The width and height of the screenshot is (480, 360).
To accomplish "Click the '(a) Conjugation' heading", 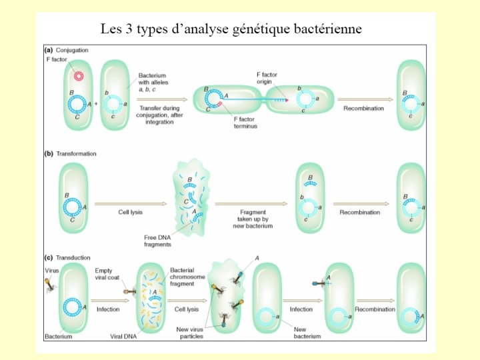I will click(x=67, y=50).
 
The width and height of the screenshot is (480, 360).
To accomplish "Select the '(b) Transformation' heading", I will click(x=70, y=153).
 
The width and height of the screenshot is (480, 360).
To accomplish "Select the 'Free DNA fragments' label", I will click(x=159, y=241).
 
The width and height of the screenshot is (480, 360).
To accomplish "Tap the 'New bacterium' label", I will click(x=307, y=333).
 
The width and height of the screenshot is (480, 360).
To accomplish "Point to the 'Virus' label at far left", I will click(x=52, y=271).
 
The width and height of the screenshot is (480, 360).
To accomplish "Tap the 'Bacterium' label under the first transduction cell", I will click(x=59, y=336).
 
